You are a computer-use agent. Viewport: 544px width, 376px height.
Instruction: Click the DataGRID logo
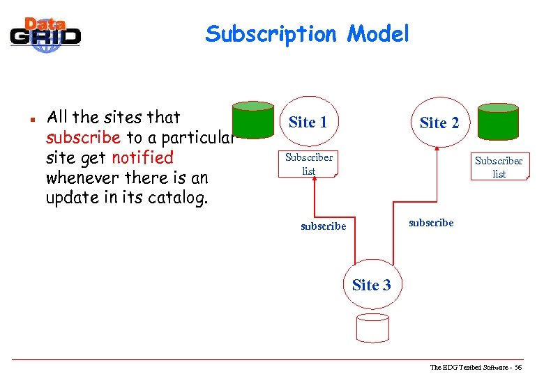pyautogui.click(x=45, y=32)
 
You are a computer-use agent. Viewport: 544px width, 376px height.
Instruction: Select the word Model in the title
pyautogui.click(x=379, y=33)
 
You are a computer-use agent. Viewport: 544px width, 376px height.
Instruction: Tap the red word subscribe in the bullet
pyautogui.click(x=83, y=137)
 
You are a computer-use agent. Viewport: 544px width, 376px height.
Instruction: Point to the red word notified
pyautogui.click(x=142, y=157)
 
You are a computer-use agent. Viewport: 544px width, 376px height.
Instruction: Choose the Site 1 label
pyautogui.click(x=308, y=123)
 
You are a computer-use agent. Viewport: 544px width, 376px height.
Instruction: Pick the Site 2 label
pyautogui.click(x=439, y=123)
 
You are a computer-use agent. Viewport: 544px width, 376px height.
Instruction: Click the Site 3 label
pyautogui.click(x=372, y=285)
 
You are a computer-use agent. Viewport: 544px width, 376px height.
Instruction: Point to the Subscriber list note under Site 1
pyautogui.click(x=309, y=164)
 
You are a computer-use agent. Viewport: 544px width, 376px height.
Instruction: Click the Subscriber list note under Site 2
pyautogui.click(x=499, y=167)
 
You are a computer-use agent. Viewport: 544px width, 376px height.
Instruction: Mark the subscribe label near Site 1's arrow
pyautogui.click(x=323, y=226)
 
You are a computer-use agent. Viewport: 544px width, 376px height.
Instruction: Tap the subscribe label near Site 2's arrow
pyautogui.click(x=430, y=223)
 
